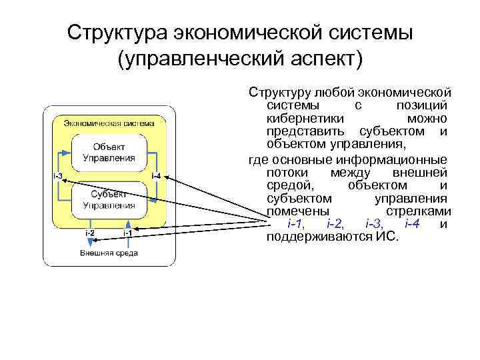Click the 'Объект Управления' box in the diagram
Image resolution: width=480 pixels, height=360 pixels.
pyautogui.click(x=109, y=153)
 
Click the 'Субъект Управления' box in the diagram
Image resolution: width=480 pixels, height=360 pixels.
pyautogui.click(x=109, y=199)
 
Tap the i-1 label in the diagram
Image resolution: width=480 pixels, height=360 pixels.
pyautogui.click(x=127, y=233)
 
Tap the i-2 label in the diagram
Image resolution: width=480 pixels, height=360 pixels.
pyautogui.click(x=89, y=233)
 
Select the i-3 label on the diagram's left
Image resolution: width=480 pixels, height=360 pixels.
pyautogui.click(x=58, y=176)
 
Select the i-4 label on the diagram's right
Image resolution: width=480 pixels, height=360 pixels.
pyautogui.click(x=155, y=176)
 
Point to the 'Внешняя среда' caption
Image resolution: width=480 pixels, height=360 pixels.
pyautogui.click(x=109, y=253)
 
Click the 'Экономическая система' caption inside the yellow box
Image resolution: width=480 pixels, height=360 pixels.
pyautogui.click(x=109, y=123)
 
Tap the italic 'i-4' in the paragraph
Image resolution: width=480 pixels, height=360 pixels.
pyautogui.click(x=413, y=224)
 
